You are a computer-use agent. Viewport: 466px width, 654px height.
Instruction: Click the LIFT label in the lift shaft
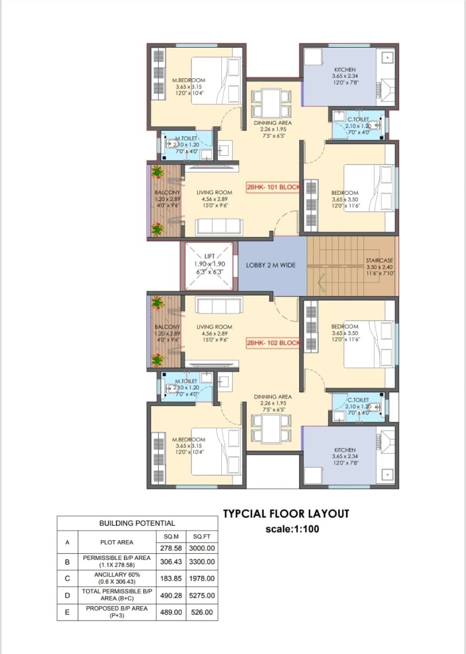[209, 256]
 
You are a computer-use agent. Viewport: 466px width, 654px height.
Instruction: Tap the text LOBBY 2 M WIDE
[271, 265]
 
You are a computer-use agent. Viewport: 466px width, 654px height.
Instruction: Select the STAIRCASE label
[379, 260]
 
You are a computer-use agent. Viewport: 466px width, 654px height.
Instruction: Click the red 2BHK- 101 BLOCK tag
[273, 187]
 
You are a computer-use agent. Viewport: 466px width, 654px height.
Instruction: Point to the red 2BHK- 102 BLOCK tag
[273, 343]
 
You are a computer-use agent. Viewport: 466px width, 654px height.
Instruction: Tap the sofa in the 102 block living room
[219, 306]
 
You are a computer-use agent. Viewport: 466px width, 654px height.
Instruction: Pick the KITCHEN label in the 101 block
[345, 69]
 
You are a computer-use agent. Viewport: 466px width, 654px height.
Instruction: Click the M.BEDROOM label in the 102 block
[189, 439]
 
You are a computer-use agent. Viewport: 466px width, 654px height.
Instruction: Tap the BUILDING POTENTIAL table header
[137, 523]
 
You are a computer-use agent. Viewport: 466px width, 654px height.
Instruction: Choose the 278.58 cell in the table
[171, 548]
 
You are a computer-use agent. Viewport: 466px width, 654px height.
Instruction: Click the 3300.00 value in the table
[202, 562]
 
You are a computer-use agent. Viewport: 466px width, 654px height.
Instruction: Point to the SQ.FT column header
[201, 536]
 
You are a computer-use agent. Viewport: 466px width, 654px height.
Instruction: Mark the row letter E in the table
[67, 612]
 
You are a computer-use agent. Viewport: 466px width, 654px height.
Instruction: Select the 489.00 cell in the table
[171, 612]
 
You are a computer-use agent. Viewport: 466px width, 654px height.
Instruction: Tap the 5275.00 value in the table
[202, 595]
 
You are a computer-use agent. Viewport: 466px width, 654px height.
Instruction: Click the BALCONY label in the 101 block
[167, 193]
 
